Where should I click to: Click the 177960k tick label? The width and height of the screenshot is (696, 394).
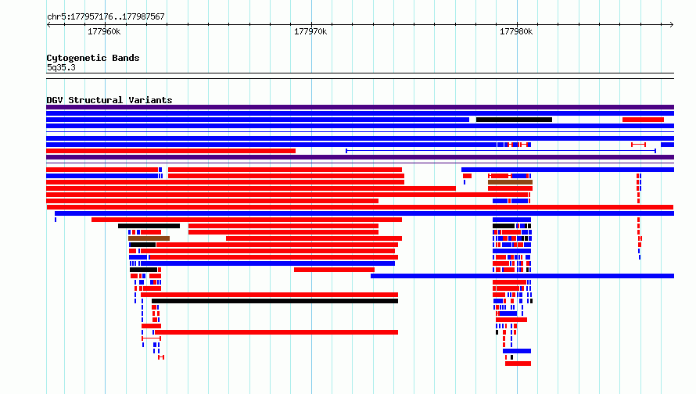pyautogui.click(x=104, y=31)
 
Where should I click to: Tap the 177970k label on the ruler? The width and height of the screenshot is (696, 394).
pyautogui.click(x=310, y=31)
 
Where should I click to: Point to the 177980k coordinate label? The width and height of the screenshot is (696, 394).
pyautogui.click(x=516, y=31)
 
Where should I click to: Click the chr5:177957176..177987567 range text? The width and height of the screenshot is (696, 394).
pyautogui.click(x=106, y=16)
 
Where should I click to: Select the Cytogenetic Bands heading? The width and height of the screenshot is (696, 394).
pyautogui.click(x=93, y=58)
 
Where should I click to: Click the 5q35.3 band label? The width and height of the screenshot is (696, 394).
pyautogui.click(x=61, y=67)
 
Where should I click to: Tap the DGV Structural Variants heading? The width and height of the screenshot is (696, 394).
pyautogui.click(x=109, y=100)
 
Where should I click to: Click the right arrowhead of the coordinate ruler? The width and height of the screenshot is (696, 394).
pyautogui.click(x=672, y=25)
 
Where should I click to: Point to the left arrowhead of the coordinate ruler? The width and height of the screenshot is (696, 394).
pyautogui.click(x=48, y=25)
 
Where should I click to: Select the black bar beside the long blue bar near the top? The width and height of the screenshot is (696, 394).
pyautogui.click(x=514, y=120)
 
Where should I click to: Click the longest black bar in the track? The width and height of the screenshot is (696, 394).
pyautogui.click(x=274, y=301)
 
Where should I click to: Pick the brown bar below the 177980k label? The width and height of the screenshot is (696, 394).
pyautogui.click(x=510, y=182)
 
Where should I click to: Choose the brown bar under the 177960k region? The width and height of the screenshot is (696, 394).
pyautogui.click(x=149, y=238)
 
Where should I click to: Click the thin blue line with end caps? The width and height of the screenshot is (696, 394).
pyautogui.click(x=500, y=151)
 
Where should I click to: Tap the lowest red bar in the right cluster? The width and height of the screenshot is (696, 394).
pyautogui.click(x=518, y=364)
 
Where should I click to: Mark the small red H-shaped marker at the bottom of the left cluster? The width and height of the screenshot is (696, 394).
pyautogui.click(x=161, y=357)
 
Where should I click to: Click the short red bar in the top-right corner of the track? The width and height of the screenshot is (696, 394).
pyautogui.click(x=643, y=120)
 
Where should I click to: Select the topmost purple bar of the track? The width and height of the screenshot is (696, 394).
pyautogui.click(x=360, y=107)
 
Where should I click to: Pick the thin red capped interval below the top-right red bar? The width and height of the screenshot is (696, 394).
pyautogui.click(x=638, y=145)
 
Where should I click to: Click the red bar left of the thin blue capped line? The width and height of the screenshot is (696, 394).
pyautogui.click(x=171, y=151)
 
